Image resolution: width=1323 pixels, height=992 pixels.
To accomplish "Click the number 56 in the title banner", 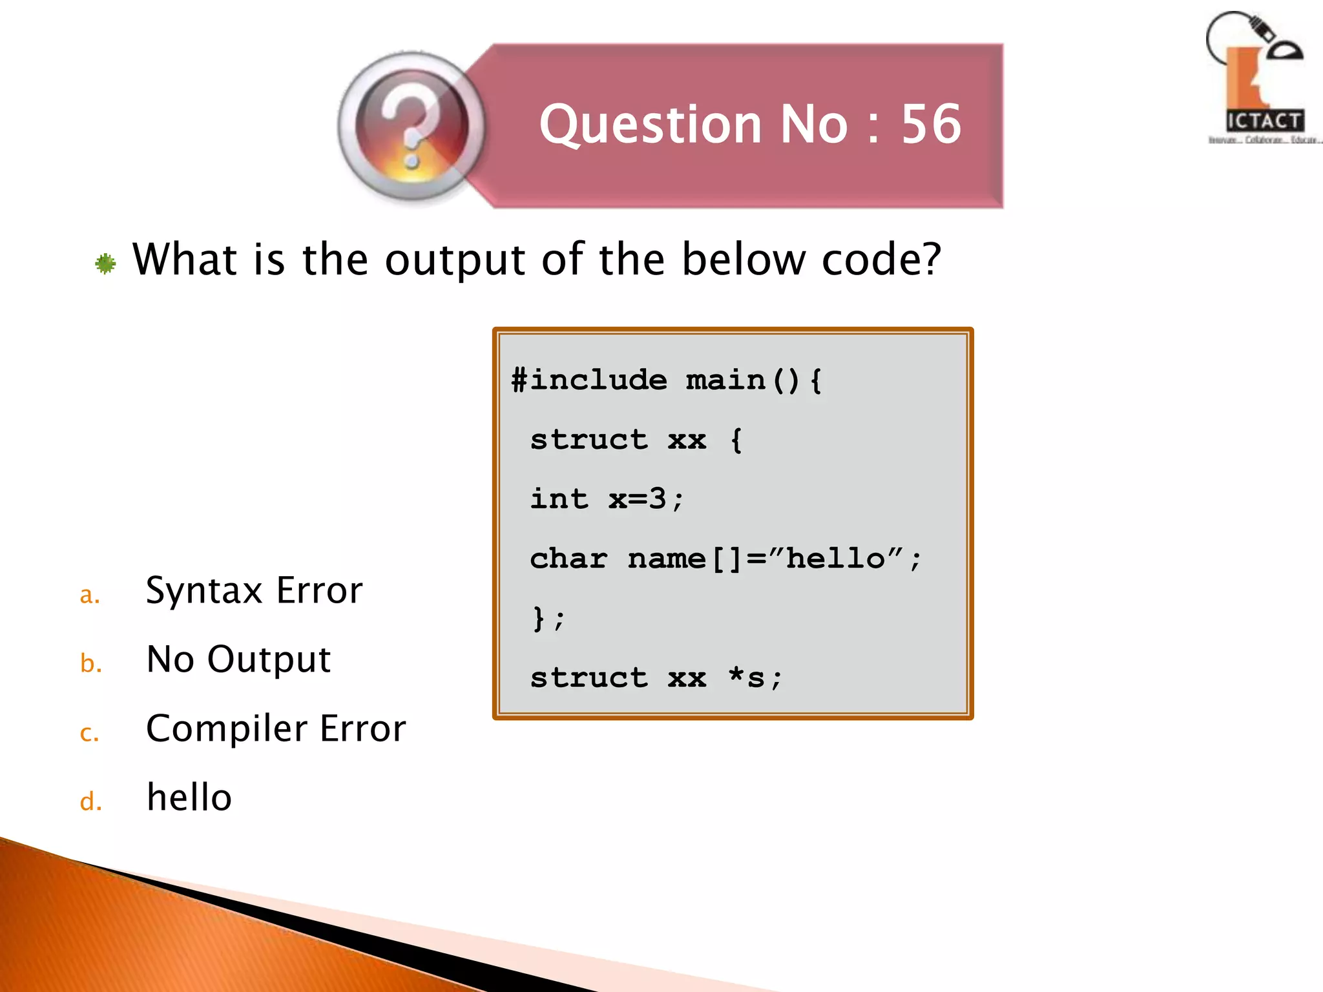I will [931, 124].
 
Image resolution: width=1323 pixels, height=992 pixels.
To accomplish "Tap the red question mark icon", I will [411, 125].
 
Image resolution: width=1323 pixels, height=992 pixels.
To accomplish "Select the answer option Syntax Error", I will [254, 590].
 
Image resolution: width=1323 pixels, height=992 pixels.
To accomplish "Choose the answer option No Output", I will [238, 659].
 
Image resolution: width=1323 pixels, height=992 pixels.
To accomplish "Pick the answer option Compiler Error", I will [276, 728].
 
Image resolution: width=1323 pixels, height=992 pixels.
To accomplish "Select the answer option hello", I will [189, 798].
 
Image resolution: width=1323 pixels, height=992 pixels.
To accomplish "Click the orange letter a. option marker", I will [90, 595].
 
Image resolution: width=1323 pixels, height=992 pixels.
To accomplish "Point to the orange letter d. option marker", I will [91, 801].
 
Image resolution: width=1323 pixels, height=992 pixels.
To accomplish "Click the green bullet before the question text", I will [105, 263].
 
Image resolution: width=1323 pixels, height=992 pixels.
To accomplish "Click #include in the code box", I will [589, 380].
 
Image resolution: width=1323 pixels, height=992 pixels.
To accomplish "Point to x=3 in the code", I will [637, 499].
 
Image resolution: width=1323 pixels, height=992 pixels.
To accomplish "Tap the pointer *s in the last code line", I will [746, 677].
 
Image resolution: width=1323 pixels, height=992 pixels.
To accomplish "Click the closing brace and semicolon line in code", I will [548, 618].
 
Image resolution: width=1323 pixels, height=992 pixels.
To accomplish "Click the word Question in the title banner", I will [651, 124].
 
